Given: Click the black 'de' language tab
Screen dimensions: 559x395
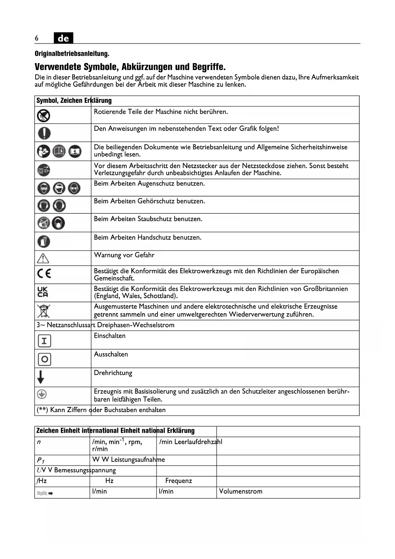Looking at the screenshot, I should pos(63,38).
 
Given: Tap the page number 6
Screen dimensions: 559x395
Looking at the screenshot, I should pos(37,38).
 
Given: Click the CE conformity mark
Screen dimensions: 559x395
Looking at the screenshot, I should pos(44,274).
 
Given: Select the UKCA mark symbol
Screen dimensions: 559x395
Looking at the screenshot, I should pos(43,292).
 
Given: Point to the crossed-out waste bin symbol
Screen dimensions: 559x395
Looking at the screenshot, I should pos(44,311).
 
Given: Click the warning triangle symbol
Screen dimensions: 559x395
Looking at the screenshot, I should pos(43,258).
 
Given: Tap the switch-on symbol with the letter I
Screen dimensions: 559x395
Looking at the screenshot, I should pos(44,341).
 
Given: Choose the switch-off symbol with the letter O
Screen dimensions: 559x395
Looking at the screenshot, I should pos(44,359).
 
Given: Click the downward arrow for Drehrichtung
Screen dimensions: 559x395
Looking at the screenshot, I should pos(41,377).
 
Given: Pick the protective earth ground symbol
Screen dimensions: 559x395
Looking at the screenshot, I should pos(42,395).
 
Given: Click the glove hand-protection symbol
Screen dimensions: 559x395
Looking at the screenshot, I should pos(44,241).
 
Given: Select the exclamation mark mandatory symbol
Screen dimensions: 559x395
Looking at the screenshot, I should pos(44,133).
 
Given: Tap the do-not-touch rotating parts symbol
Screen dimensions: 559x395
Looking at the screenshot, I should pos(44,115).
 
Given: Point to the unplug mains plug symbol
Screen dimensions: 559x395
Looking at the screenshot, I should pos(44,170).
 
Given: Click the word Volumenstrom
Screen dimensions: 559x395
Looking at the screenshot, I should pos(241,491).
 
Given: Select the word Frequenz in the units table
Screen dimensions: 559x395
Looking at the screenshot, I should pos(179,481).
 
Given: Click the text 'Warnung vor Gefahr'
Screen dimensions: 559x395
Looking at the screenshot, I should pos(124,255).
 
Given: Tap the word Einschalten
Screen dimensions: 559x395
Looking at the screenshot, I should pos(110,336).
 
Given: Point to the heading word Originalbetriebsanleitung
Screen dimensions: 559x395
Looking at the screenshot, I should pos(72,54).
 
